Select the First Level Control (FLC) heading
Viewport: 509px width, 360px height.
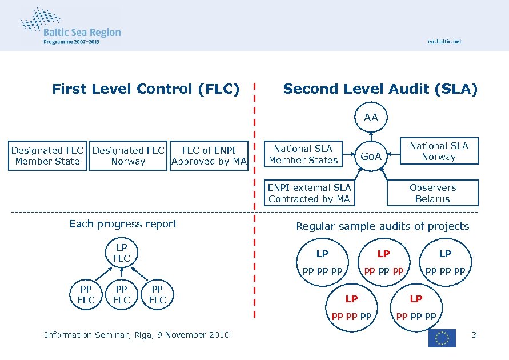tap(146, 89)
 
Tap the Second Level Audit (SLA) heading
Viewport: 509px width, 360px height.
tap(380, 89)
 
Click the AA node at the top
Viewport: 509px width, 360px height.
tap(371, 118)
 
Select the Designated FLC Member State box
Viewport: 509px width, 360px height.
tap(47, 156)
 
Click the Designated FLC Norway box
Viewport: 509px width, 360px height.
tap(128, 156)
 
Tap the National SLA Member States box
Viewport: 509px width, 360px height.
tap(303, 154)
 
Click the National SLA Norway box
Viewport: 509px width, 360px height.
tap(439, 151)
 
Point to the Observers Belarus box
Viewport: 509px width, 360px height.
tap(432, 193)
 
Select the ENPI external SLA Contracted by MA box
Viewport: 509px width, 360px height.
tap(309, 193)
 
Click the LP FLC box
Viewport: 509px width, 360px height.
tap(122, 253)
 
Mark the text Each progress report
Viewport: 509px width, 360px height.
tap(123, 224)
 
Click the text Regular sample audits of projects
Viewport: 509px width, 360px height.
tap(382, 226)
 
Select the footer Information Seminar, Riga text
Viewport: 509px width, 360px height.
tap(137, 335)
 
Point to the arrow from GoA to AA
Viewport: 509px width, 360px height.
tap(371, 135)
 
